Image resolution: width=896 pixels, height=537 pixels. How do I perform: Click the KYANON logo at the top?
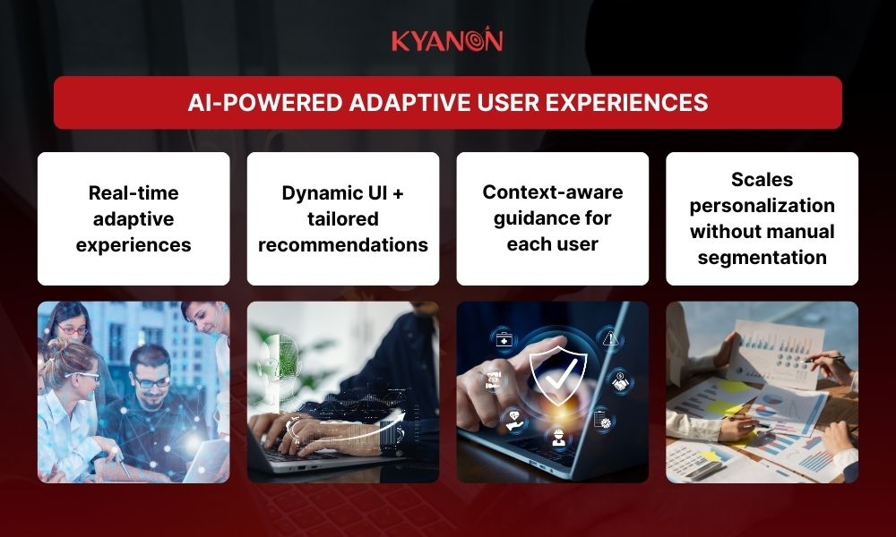coord(447,40)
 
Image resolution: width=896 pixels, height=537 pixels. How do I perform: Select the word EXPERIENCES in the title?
coord(638,103)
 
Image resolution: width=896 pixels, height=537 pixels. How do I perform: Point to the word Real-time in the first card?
coord(134,192)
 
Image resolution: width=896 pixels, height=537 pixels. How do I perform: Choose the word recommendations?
coord(343,244)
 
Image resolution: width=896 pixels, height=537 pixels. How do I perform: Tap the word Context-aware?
coord(553,192)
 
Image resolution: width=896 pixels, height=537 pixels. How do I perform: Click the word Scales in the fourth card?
coord(762,180)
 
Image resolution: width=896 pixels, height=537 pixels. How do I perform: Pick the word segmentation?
coord(762,258)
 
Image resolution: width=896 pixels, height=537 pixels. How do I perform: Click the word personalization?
coord(762,206)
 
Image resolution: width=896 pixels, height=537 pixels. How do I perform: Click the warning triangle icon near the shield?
coord(610,337)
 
